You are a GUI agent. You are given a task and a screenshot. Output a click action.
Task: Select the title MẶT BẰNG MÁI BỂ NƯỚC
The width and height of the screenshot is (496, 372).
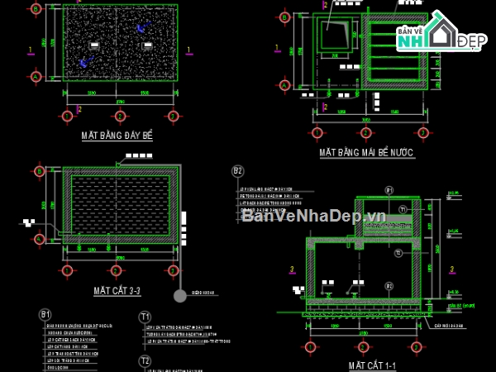pyautogui.click(x=366, y=153)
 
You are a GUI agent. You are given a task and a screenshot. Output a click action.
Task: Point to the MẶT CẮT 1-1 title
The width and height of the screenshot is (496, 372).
pyautogui.click(x=374, y=364)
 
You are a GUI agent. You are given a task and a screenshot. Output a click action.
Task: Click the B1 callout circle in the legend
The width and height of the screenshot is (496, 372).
pyautogui.click(x=45, y=315)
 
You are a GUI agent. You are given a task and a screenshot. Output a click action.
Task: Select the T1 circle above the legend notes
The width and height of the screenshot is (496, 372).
pyautogui.click(x=145, y=316)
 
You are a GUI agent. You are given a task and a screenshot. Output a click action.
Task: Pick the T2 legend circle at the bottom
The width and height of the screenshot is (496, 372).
pyautogui.click(x=145, y=360)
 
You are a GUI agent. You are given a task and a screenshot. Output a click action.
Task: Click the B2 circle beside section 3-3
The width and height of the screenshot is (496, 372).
pyautogui.click(x=238, y=171)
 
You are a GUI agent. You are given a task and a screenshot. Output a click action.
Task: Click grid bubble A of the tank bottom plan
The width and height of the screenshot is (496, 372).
pyautogui.click(x=36, y=76)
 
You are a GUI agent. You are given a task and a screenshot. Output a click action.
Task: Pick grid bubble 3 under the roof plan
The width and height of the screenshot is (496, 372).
pyautogui.click(x=422, y=131)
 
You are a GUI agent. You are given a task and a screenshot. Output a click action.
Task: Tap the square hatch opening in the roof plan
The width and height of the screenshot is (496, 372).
pyautogui.click(x=336, y=35)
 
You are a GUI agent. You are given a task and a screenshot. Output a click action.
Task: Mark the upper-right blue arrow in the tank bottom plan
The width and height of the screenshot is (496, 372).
pyautogui.click(x=141, y=28)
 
